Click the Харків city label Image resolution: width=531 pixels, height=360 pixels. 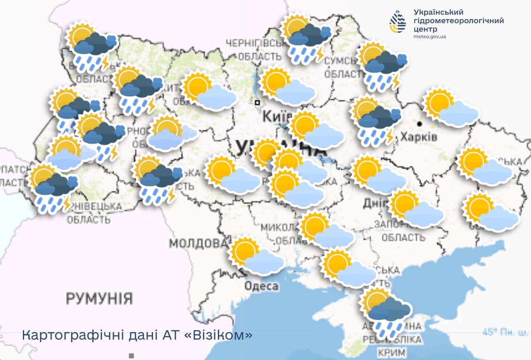[x=418, y=137]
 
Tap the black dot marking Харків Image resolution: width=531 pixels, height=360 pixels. [x=420, y=124]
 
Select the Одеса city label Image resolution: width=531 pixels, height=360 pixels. [x=262, y=286]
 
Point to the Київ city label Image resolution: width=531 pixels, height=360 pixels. [x=274, y=116]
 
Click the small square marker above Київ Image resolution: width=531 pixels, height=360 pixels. [x=257, y=102]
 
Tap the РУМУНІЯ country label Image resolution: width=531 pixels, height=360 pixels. [x=99, y=298]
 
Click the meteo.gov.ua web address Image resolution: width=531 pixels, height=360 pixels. [x=430, y=37]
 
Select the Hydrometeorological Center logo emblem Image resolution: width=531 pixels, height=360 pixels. [x=398, y=22]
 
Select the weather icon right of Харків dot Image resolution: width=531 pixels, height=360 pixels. [x=450, y=107]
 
